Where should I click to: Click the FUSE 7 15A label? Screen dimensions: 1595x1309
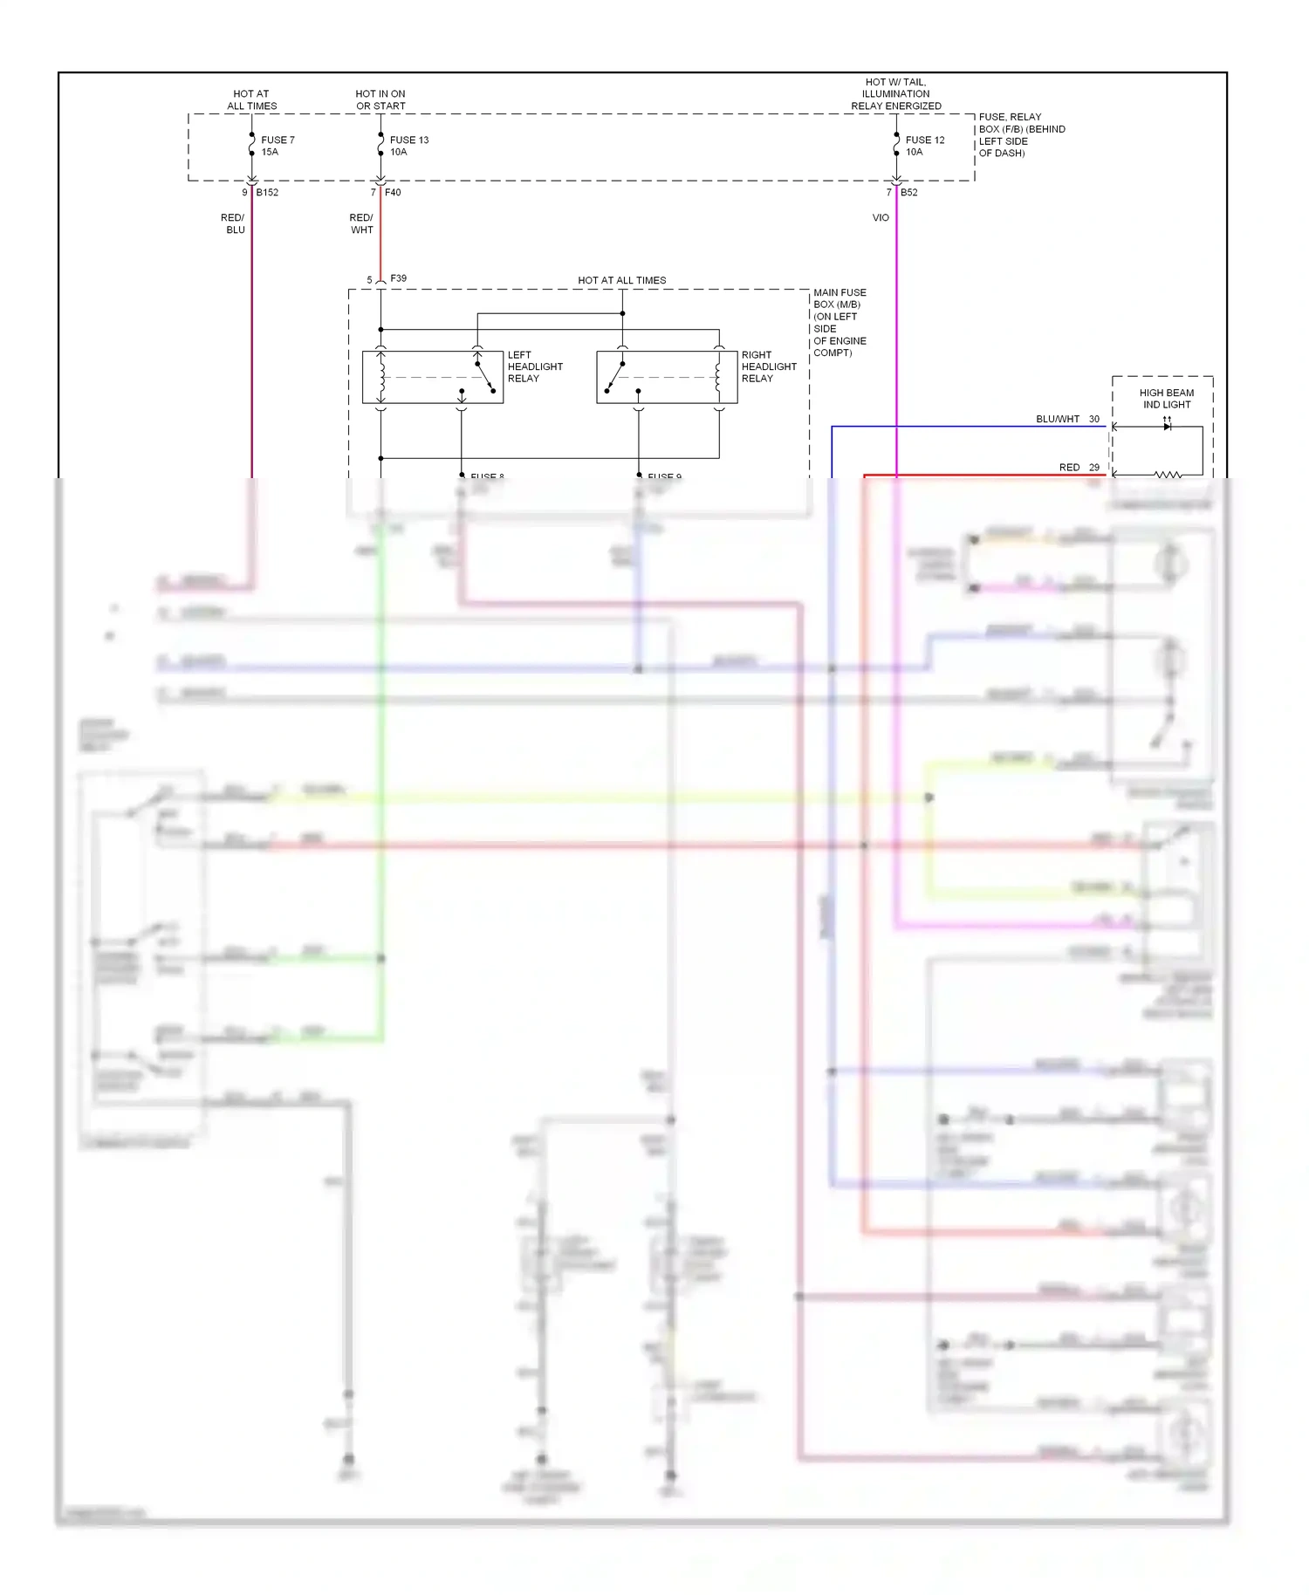(278, 146)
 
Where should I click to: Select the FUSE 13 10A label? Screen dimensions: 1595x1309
(408, 146)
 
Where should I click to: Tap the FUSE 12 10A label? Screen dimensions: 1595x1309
(924, 146)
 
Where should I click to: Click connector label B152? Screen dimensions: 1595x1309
(267, 192)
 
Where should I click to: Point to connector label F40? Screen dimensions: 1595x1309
(393, 192)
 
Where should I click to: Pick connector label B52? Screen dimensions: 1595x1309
(908, 192)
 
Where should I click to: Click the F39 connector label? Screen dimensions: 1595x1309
(398, 278)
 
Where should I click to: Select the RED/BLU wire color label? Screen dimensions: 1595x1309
(233, 223)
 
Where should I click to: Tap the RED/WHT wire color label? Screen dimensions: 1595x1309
(361, 223)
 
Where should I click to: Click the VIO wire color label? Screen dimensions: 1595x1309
(881, 217)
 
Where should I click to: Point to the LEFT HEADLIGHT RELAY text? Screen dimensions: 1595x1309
(534, 366)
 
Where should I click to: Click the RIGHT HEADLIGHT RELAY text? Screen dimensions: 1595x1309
(768, 366)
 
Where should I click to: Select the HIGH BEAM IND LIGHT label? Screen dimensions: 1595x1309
(1166, 399)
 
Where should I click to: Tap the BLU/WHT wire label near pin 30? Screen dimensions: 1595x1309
(1057, 419)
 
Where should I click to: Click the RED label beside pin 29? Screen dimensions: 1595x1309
(1069, 468)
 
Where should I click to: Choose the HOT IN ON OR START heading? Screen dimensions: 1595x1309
(380, 99)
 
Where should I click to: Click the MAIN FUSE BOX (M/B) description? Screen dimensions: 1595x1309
(840, 322)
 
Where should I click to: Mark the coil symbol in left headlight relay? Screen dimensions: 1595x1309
(381, 376)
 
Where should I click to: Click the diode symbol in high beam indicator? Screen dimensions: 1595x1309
(1167, 426)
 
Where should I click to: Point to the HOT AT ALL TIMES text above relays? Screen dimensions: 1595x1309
(621, 280)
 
